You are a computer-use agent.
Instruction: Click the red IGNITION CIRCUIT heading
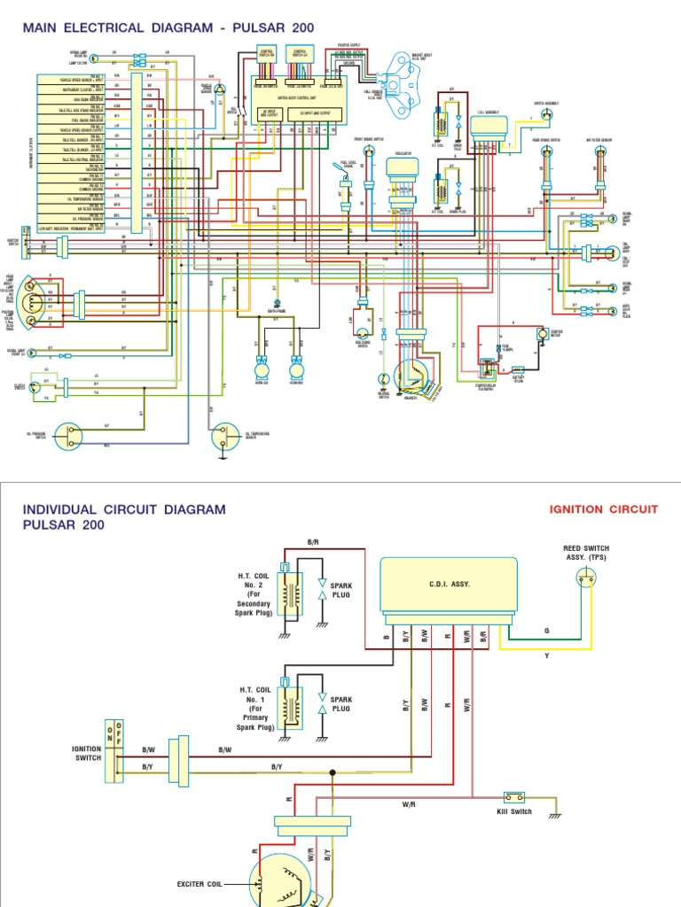tap(604, 509)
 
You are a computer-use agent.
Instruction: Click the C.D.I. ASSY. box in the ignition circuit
tap(449, 585)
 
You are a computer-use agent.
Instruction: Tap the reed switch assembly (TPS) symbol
tap(586, 579)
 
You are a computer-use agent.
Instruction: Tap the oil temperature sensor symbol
tap(222, 435)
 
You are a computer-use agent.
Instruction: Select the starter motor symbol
tap(540, 335)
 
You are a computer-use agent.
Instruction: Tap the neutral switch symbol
tap(382, 378)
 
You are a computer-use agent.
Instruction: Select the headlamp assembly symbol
tap(33, 298)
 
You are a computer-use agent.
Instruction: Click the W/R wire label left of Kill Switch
tap(409, 804)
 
